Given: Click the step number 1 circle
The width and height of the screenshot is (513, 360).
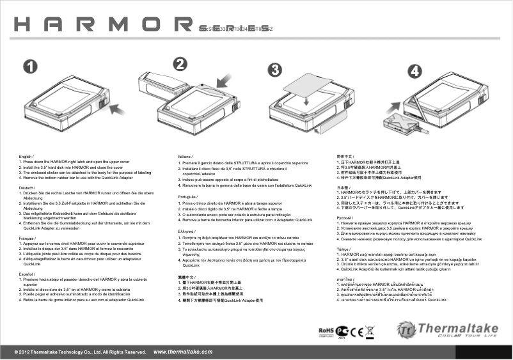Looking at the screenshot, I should pyautogui.click(x=29, y=67).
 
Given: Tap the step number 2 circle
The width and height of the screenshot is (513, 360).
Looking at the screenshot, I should pyautogui.click(x=181, y=64).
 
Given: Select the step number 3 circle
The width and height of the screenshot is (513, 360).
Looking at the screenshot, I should pyautogui.click(x=275, y=70).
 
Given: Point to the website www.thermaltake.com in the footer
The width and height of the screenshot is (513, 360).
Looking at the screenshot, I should pyautogui.click(x=183, y=352).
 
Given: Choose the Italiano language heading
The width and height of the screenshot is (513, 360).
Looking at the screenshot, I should pyautogui.click(x=185, y=157).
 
